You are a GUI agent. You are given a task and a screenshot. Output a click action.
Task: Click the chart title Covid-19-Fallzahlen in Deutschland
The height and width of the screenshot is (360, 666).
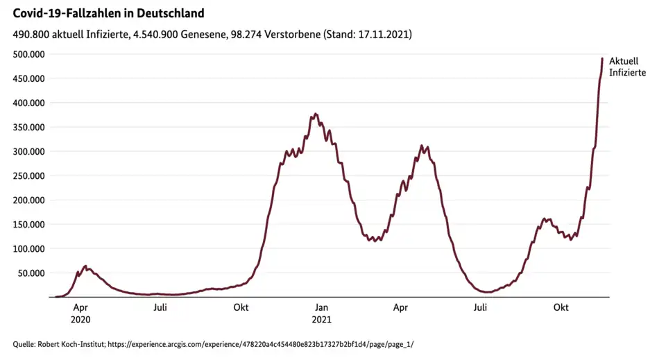point(108,13)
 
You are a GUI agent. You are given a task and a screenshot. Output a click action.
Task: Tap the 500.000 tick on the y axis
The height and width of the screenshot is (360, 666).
point(26,54)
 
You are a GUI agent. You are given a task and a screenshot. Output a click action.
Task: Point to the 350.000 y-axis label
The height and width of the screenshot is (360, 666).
point(26,127)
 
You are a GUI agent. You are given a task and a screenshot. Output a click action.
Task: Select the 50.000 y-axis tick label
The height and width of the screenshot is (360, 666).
point(28,273)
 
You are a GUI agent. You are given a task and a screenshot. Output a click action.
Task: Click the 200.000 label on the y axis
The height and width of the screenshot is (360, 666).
point(26,200)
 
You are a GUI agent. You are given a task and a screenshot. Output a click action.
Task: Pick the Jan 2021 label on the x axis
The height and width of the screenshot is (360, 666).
point(321,313)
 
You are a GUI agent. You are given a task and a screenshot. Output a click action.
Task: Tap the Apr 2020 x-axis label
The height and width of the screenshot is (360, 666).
point(80,313)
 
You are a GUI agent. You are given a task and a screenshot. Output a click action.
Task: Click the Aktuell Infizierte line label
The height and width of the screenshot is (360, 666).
point(627,67)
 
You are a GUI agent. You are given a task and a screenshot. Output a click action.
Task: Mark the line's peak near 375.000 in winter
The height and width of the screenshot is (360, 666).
point(316,114)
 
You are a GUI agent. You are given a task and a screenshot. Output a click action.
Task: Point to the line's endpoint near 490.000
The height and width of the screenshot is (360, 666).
point(602,58)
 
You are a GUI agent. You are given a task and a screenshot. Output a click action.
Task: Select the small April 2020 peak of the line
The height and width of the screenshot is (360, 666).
point(85,266)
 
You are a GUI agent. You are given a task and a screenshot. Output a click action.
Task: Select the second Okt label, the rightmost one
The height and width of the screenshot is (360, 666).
point(561,307)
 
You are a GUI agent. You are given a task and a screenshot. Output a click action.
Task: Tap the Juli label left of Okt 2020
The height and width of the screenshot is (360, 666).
point(160,307)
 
